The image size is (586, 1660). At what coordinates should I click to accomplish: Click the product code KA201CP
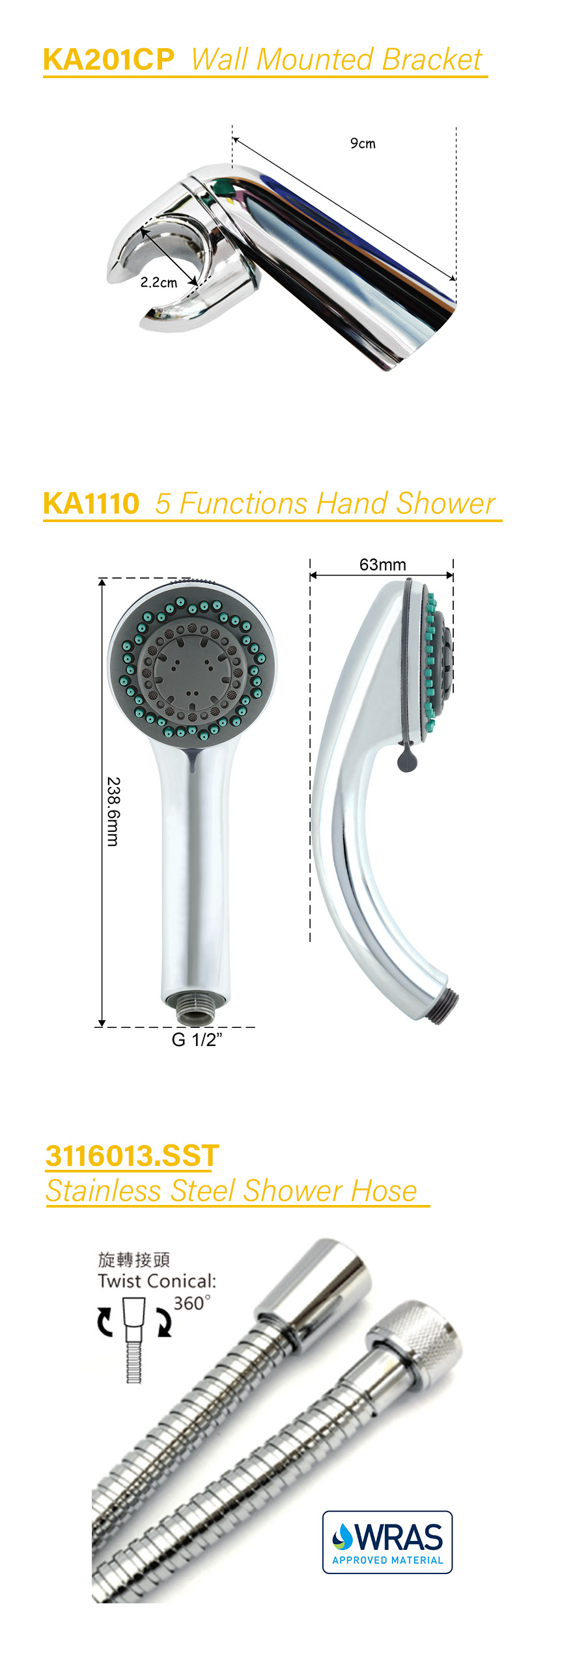pyautogui.click(x=109, y=60)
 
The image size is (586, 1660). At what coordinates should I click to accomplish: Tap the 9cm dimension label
pyautogui.click(x=363, y=143)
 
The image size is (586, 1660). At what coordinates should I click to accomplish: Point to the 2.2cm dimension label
pyautogui.click(x=159, y=283)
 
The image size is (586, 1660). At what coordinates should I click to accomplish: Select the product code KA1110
pyautogui.click(x=91, y=504)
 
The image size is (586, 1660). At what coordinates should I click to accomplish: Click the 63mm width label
pyautogui.click(x=383, y=564)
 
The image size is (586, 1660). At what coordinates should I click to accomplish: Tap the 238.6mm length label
pyautogui.click(x=113, y=811)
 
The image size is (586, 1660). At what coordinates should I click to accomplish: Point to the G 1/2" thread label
pyautogui.click(x=197, y=1040)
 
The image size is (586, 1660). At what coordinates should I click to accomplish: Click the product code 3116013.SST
pyautogui.click(x=132, y=1156)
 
